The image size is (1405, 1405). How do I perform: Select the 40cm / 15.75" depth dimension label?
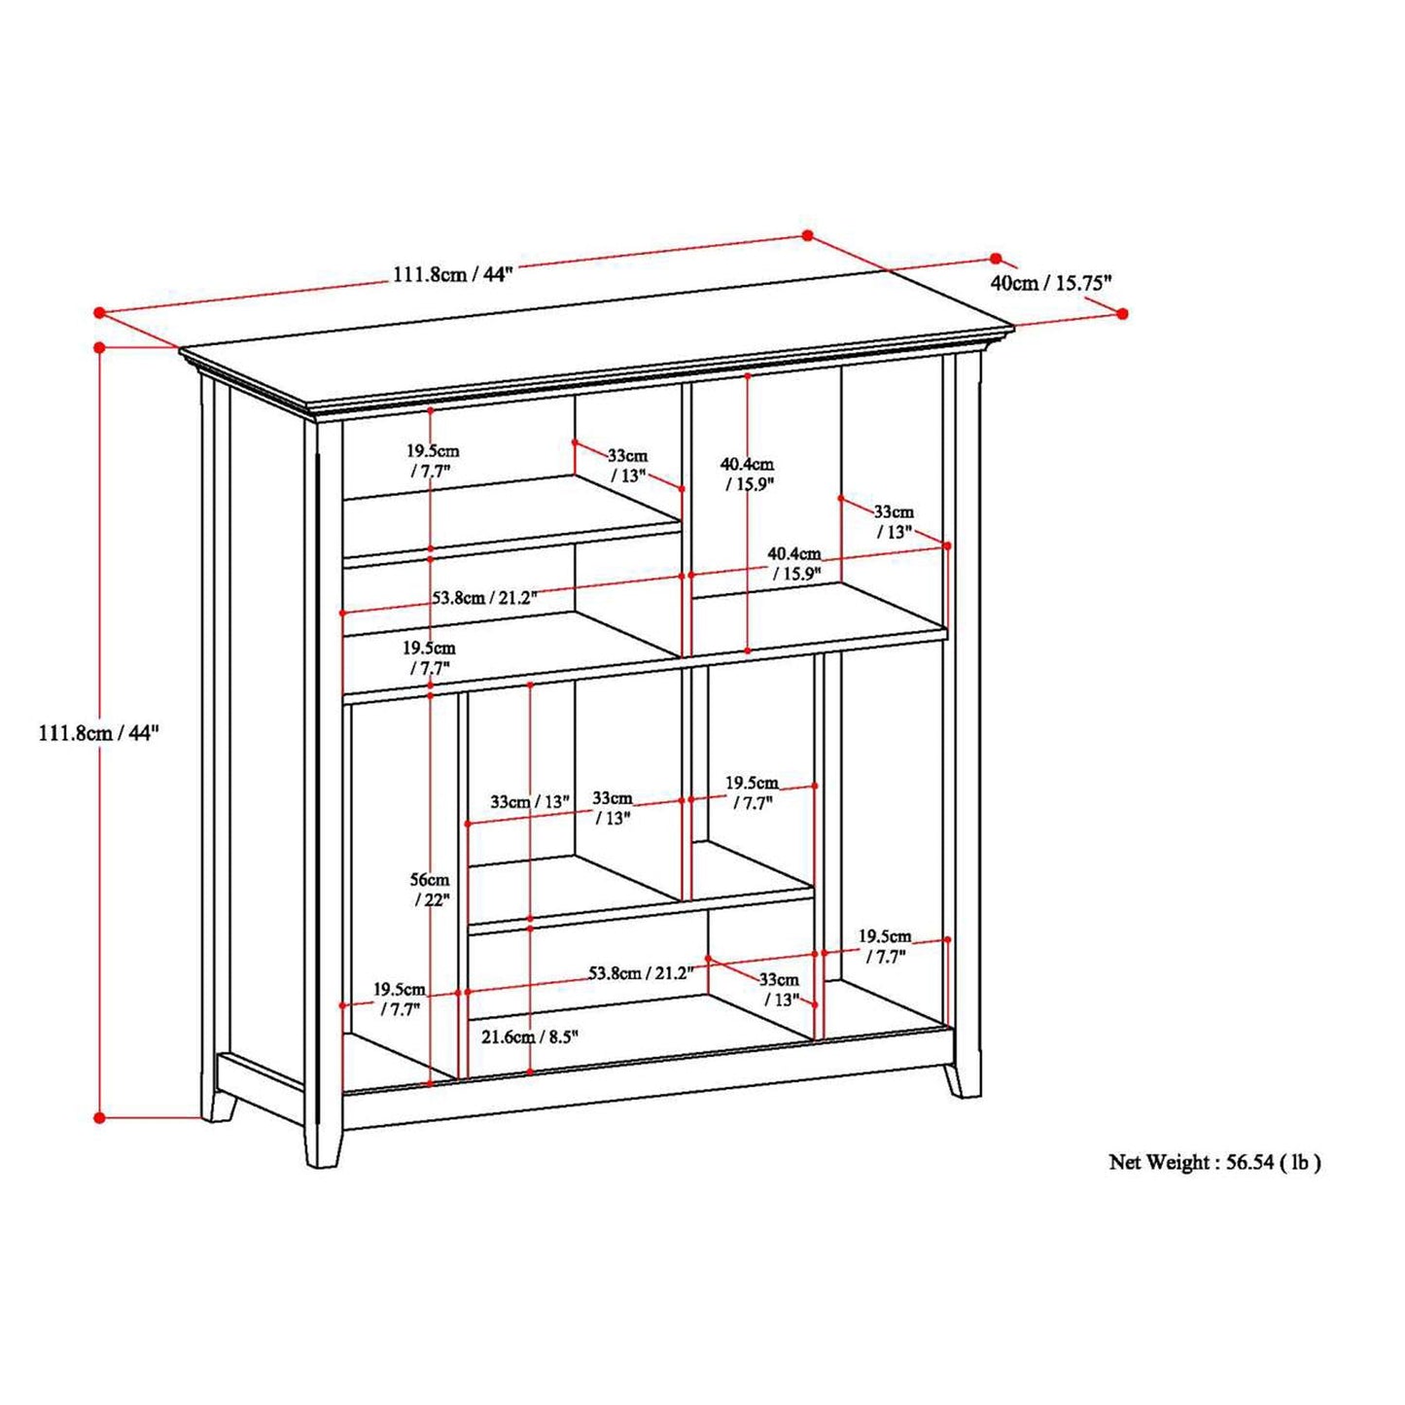click(x=1051, y=283)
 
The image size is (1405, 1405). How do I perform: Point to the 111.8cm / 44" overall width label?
click(x=454, y=275)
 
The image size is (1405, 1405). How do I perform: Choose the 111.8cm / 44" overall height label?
click(x=98, y=732)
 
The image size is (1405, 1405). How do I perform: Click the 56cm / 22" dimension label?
click(x=430, y=890)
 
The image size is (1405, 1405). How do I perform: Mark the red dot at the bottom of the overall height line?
click(x=100, y=1138)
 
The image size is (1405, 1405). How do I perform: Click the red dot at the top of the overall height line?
click(x=100, y=347)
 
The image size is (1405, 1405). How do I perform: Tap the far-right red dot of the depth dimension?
click(x=1123, y=313)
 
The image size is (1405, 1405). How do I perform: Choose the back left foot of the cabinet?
click(x=223, y=1118)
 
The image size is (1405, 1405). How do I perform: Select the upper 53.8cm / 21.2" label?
click(x=485, y=598)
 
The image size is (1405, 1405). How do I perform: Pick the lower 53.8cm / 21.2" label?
click(x=640, y=972)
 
